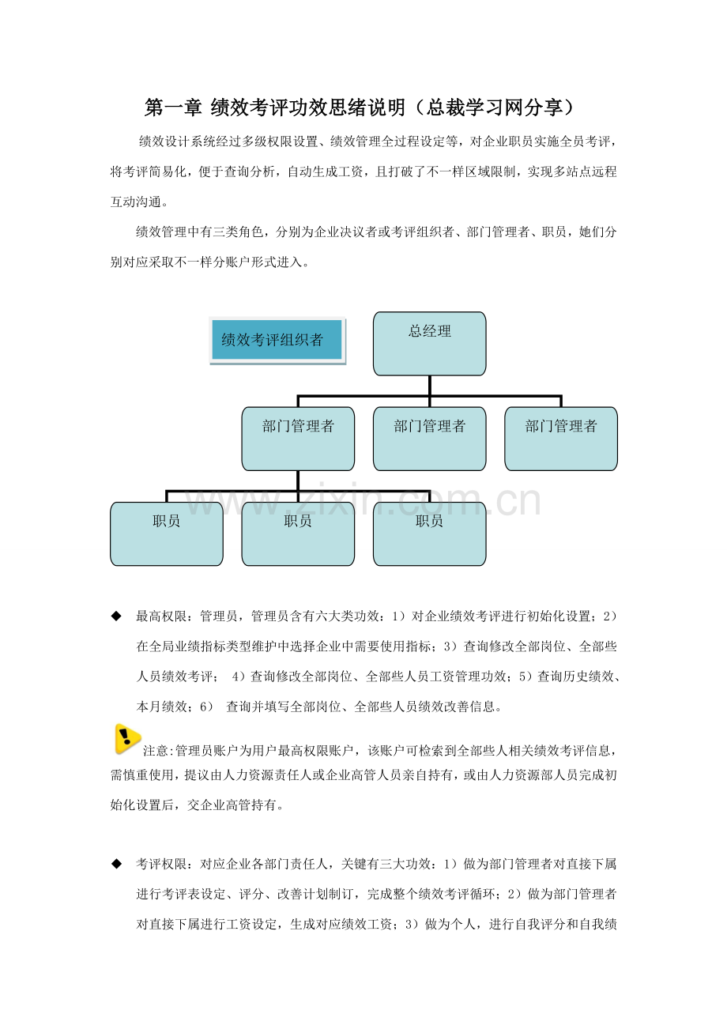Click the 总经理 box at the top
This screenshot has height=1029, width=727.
click(429, 344)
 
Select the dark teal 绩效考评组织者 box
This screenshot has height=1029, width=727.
click(277, 340)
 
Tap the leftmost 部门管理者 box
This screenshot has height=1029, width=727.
click(298, 439)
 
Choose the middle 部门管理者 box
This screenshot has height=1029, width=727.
click(429, 439)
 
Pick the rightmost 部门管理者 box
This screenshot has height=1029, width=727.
click(561, 439)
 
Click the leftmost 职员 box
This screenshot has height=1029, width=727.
click(167, 533)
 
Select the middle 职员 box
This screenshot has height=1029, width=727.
click(298, 533)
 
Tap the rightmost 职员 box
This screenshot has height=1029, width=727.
click(429, 533)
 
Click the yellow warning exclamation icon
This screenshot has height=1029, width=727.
click(126, 739)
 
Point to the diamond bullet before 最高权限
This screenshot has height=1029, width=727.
click(116, 616)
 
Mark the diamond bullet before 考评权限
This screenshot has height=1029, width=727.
click(116, 864)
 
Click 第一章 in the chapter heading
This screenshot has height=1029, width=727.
click(173, 107)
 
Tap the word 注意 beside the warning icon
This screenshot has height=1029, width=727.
click(156, 751)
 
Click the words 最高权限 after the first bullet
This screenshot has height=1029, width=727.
click(161, 616)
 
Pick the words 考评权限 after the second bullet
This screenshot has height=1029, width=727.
click(161, 865)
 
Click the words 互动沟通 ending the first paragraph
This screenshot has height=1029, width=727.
click(136, 202)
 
